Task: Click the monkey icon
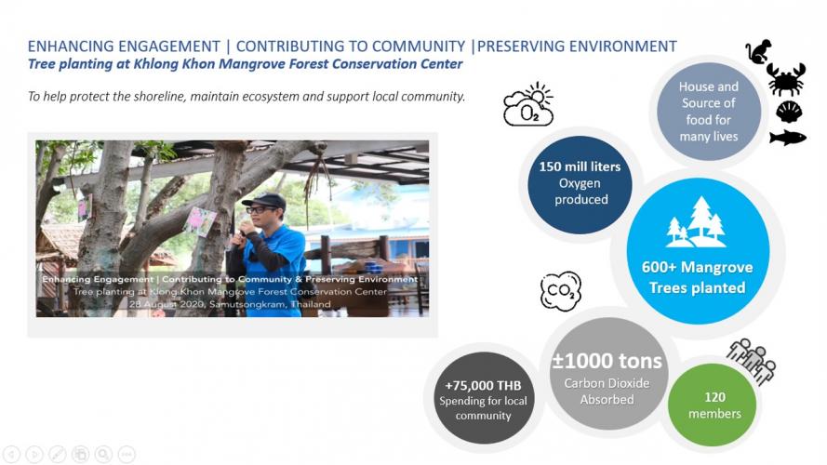click(x=758, y=52)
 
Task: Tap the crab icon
click(x=786, y=79)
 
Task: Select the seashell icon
click(x=789, y=112)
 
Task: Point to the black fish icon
click(x=787, y=138)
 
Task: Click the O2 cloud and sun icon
click(x=528, y=104)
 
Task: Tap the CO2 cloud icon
click(x=561, y=290)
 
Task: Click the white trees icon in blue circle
click(x=696, y=222)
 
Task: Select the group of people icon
click(x=751, y=360)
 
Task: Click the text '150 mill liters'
click(x=580, y=166)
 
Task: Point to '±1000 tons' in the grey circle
click(x=607, y=361)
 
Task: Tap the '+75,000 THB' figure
click(x=483, y=385)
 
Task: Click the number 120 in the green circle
click(x=714, y=397)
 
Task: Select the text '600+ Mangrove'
click(x=698, y=267)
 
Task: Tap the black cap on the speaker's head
click(x=264, y=201)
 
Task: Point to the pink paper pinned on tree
click(x=199, y=221)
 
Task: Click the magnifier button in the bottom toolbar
click(x=103, y=454)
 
